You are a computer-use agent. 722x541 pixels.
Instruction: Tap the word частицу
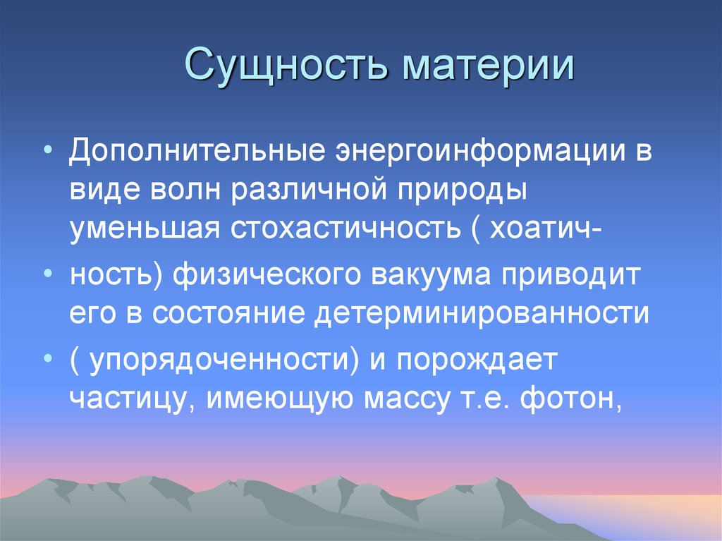[x=133, y=400]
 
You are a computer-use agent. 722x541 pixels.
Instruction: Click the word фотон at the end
[x=572, y=400]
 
